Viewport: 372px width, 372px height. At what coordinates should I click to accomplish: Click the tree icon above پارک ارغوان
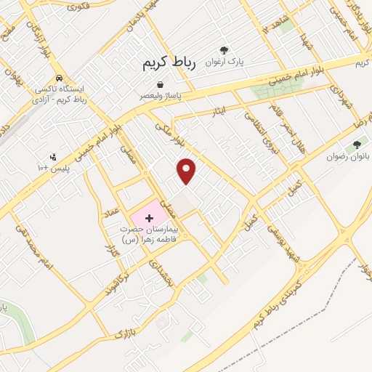tap(224, 50)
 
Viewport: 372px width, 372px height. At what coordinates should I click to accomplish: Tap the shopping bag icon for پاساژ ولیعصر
tap(150, 85)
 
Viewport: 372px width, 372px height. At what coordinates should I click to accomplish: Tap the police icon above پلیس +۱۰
tap(53, 155)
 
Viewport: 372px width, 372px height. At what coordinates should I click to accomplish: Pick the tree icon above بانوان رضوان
tap(355, 144)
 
